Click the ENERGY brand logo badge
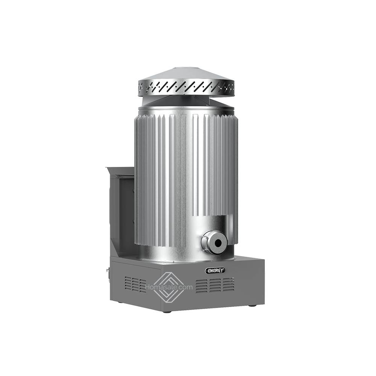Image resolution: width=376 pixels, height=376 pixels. (x=215, y=270)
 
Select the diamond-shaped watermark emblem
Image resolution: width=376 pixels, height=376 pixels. (x=169, y=287)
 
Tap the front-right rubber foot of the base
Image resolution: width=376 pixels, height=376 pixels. (x=252, y=305)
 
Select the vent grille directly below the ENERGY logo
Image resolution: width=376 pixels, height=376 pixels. (x=215, y=285)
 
